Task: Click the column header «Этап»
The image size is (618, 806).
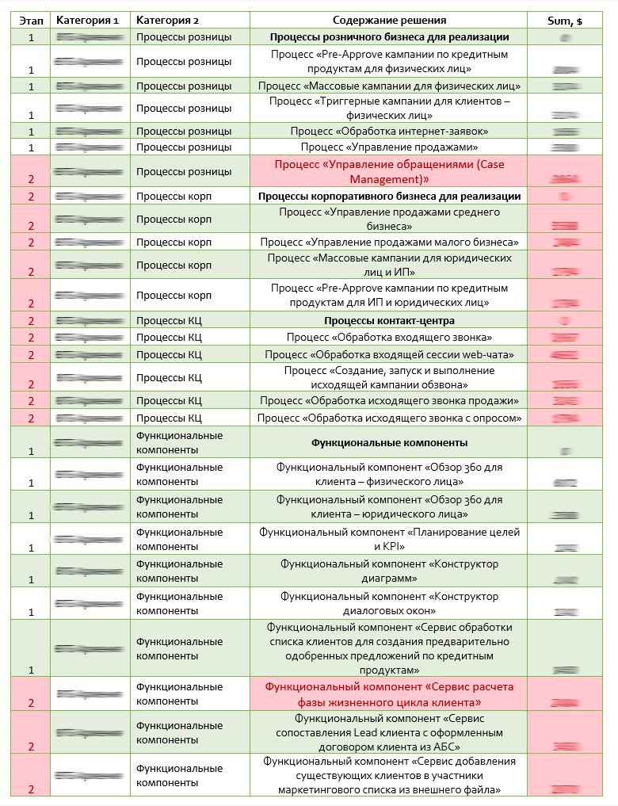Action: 31,20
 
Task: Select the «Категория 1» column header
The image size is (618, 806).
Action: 90,20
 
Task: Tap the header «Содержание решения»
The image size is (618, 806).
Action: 389,20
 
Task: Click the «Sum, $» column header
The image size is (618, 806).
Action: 565,21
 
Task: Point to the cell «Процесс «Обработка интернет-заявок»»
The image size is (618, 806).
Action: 389,131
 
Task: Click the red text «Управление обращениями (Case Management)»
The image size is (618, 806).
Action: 389,172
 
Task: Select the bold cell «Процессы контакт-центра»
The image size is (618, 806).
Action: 389,321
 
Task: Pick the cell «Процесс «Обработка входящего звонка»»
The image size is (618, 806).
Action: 389,338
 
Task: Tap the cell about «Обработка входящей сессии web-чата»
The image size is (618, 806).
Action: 389,354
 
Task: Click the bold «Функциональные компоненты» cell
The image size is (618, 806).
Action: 389,442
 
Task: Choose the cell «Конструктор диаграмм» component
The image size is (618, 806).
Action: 389,571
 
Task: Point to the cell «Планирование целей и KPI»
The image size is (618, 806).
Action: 389,539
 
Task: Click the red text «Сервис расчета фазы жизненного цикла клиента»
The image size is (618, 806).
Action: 389,694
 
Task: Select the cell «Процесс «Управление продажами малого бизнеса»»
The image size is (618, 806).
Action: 389,242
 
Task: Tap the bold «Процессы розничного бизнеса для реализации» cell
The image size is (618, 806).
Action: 389,36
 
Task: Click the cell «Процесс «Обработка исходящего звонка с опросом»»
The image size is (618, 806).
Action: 389,418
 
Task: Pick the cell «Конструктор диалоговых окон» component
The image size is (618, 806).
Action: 389,603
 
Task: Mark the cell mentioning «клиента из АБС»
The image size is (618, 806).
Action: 389,732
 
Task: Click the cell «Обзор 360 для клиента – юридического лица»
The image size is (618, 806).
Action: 389,506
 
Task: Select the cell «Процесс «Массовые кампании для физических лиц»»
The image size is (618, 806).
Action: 389,85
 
